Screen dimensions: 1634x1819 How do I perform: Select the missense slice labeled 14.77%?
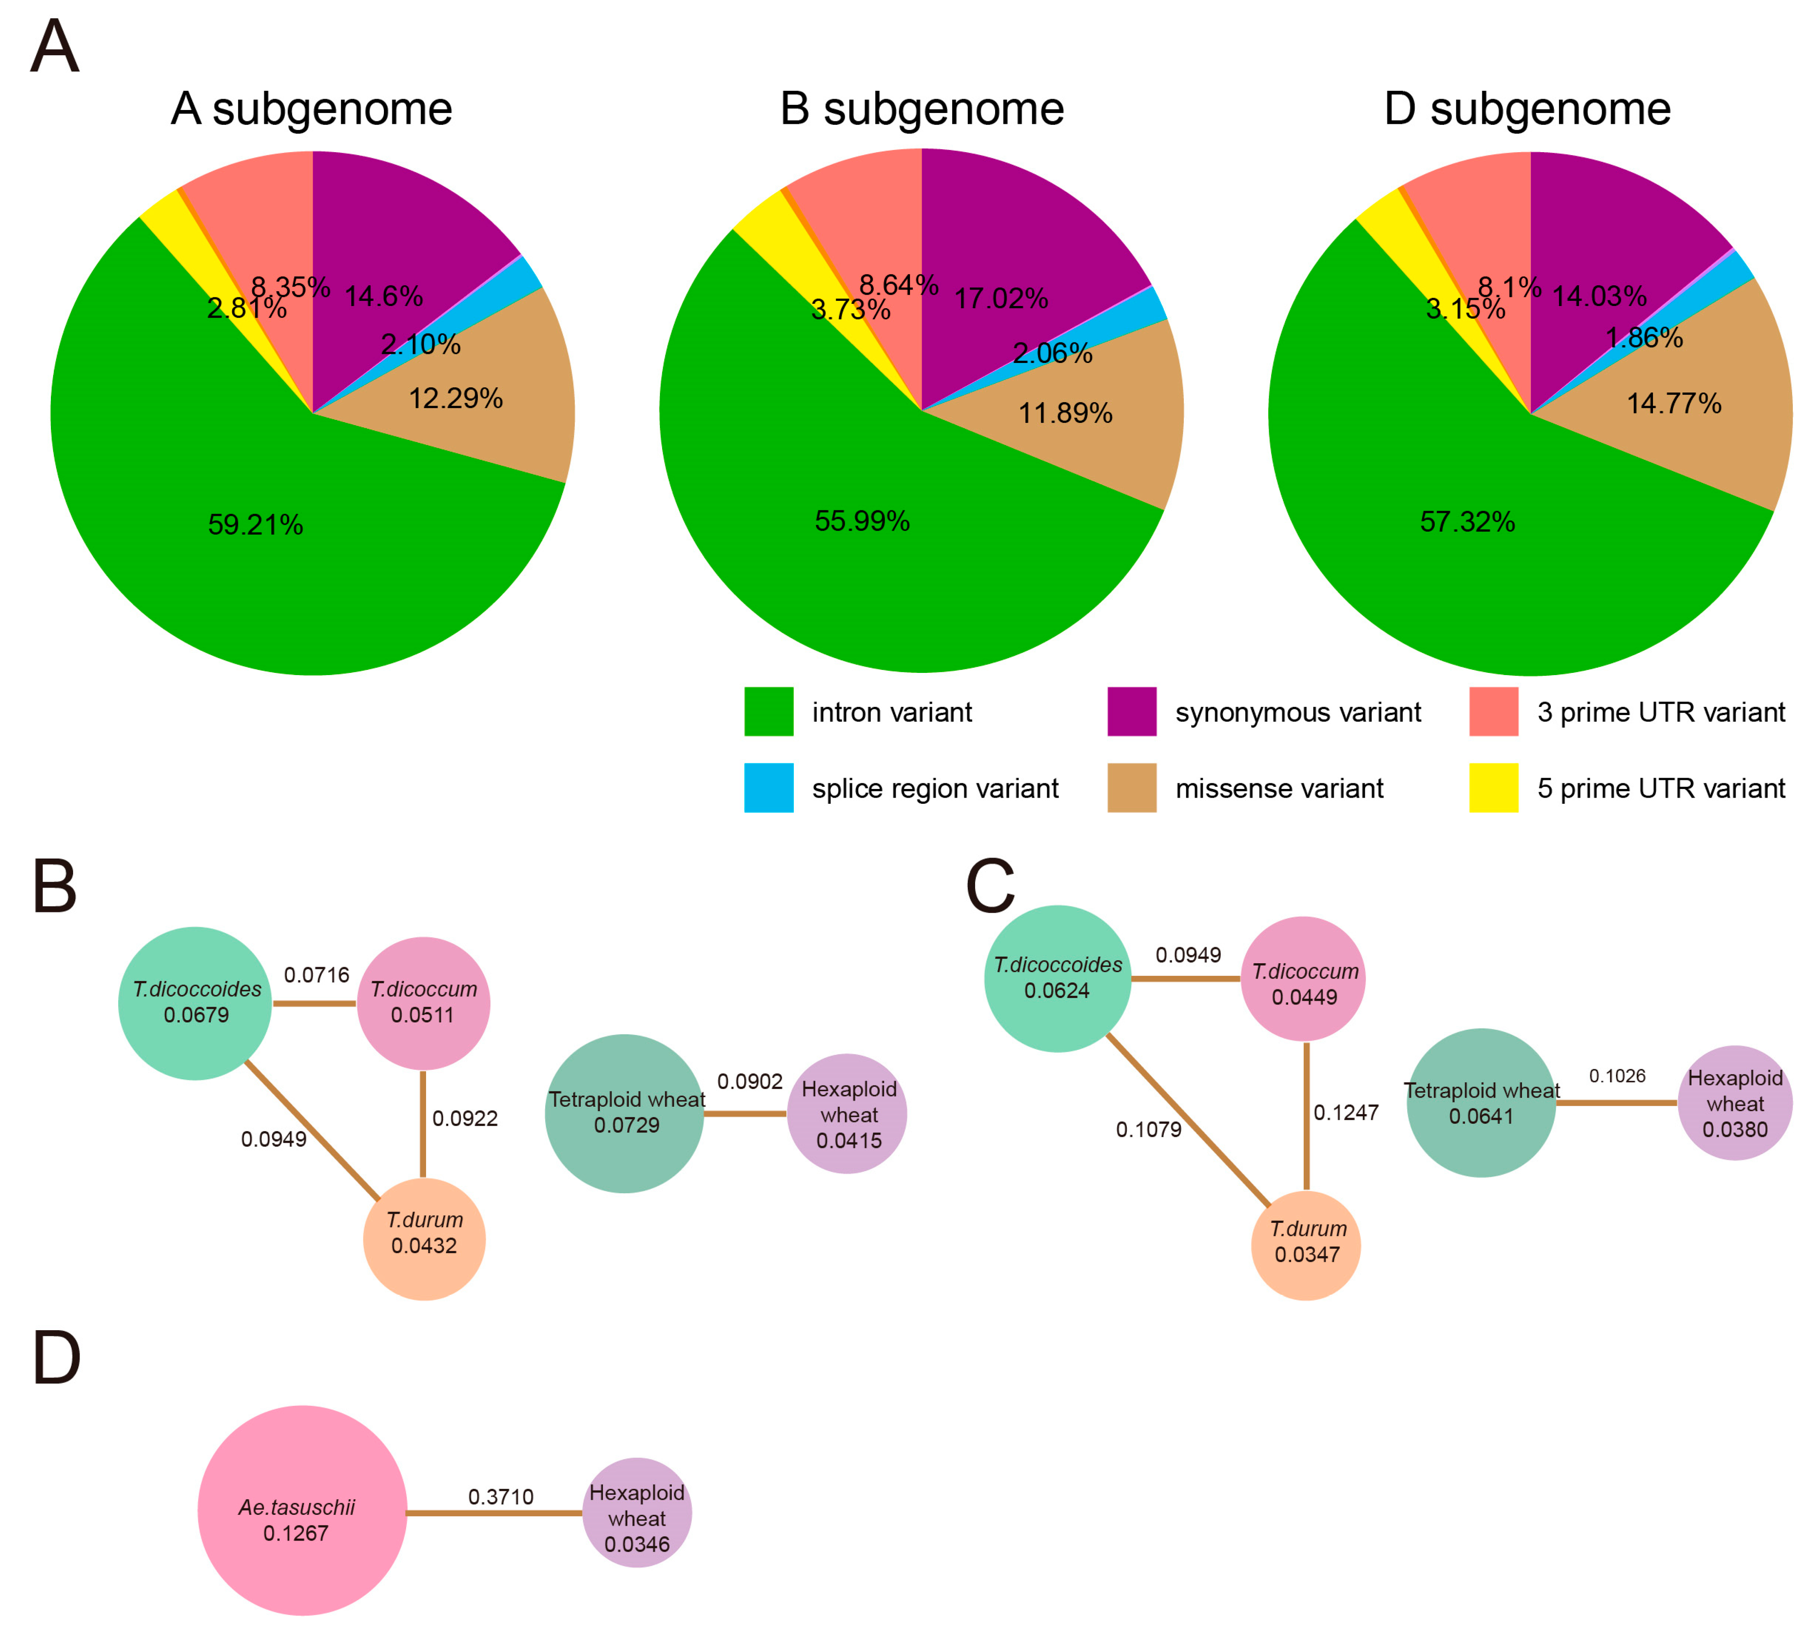pyautogui.click(x=1673, y=403)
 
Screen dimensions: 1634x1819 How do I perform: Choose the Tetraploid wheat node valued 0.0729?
pyautogui.click(x=625, y=1113)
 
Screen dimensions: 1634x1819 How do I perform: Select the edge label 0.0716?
pyautogui.click(x=316, y=975)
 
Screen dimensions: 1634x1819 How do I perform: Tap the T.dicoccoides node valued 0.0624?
pyautogui.click(x=1058, y=978)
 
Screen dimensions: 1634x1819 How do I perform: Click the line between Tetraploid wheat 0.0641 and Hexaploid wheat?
pyautogui.click(x=1616, y=1102)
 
